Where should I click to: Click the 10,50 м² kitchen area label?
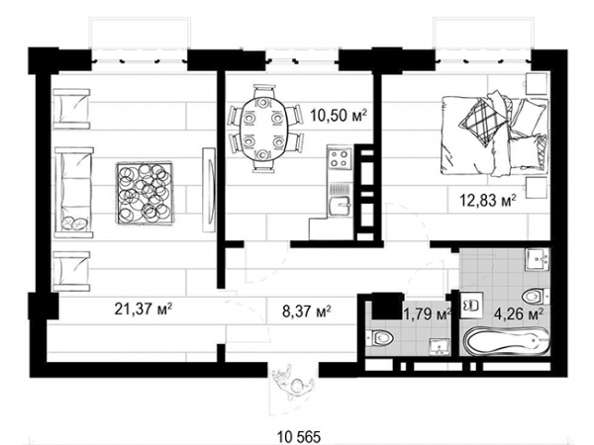tap(339, 115)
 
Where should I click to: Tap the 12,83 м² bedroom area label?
tap(488, 200)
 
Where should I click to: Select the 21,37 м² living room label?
tap(144, 309)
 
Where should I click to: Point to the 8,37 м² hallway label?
tap(307, 311)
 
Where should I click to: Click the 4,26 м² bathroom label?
tap(520, 313)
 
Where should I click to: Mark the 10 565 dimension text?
tap(299, 437)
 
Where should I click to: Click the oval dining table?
tap(263, 129)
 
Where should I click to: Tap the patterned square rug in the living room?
tap(144, 193)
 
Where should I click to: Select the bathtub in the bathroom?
tap(507, 341)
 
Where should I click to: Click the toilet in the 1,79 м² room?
tap(380, 337)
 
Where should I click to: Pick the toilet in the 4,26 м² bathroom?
tap(536, 298)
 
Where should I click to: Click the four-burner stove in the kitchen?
tap(340, 158)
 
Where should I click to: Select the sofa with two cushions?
tap(74, 193)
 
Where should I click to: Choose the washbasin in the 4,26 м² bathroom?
tap(538, 259)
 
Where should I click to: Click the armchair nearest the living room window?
tap(71, 109)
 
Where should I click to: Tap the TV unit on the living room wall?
tap(209, 189)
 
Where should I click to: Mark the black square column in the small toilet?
tap(387, 306)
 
